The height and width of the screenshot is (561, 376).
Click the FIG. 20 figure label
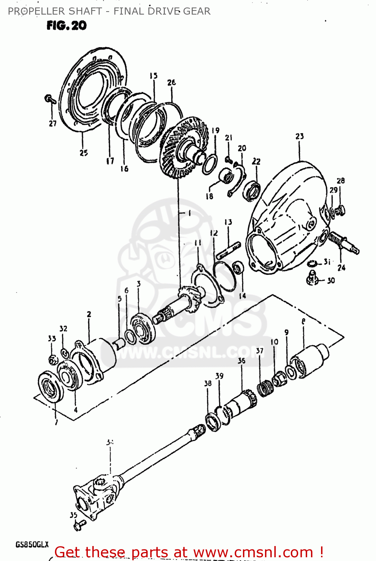click(67, 25)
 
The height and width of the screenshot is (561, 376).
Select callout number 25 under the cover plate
click(83, 153)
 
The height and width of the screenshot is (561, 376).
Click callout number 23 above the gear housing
click(299, 137)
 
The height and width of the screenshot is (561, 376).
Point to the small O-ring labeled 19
click(210, 164)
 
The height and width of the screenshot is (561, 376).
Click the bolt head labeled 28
click(340, 210)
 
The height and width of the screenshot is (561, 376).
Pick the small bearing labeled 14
click(238, 267)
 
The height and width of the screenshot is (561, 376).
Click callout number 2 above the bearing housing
click(89, 315)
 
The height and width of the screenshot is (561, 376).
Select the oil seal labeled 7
click(51, 387)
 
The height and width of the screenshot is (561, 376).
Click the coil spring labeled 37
click(265, 389)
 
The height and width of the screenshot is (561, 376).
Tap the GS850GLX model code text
click(32, 544)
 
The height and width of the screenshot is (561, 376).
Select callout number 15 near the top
click(154, 76)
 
